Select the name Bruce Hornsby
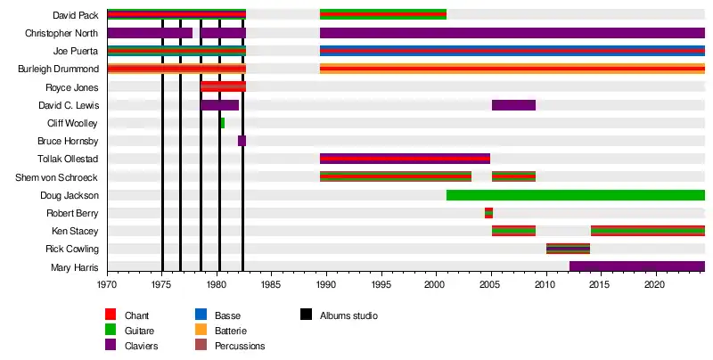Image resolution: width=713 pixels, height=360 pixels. coord(68,141)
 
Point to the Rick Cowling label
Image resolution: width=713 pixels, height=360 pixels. coord(72,249)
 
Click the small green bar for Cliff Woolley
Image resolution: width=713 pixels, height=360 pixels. coord(222,123)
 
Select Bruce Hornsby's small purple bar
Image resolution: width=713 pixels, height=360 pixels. coord(242,141)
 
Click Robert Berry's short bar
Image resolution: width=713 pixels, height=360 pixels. coord(488,213)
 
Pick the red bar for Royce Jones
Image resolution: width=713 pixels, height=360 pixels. coord(223,86)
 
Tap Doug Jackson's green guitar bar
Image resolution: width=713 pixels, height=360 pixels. coord(575,195)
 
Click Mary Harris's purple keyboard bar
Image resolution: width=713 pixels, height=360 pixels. coord(636,266)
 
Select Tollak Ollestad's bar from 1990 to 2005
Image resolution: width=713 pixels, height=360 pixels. coord(405,159)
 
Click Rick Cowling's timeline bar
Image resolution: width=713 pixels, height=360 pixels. coord(568,249)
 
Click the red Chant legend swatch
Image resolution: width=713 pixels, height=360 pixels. coord(111,315)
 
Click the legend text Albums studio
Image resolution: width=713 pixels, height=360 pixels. coord(348,315)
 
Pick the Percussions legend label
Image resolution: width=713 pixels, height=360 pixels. coord(239,346)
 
